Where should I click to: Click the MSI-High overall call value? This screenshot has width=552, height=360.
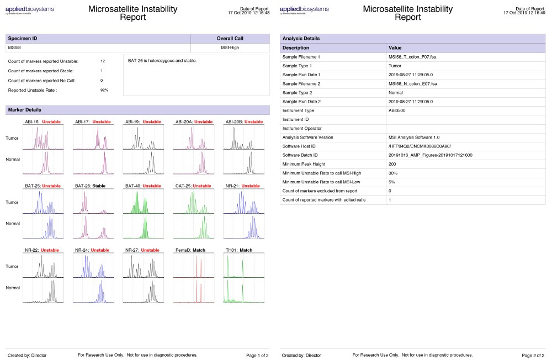coord(230,48)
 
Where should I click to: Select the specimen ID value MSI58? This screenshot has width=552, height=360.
coord(15,48)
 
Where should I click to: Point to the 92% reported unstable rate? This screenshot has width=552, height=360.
coord(104,90)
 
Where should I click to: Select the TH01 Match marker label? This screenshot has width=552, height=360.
coord(238,250)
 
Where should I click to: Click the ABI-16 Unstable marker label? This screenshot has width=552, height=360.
coord(43,121)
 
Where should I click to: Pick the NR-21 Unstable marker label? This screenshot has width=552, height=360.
coord(242,186)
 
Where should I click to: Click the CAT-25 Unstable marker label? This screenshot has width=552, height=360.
coord(193,186)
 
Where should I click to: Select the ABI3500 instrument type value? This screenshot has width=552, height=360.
coord(398,110)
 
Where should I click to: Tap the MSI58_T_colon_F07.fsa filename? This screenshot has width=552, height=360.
coord(413,57)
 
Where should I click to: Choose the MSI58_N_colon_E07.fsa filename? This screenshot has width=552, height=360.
coord(413,83)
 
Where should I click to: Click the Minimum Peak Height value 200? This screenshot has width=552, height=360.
coord(392,164)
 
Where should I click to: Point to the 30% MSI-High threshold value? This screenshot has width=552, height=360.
coord(392,173)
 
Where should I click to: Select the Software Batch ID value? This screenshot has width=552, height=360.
coord(431,155)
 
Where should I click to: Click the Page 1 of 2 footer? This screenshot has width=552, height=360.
coord(257,355)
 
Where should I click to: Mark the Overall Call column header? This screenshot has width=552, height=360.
coord(230,39)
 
